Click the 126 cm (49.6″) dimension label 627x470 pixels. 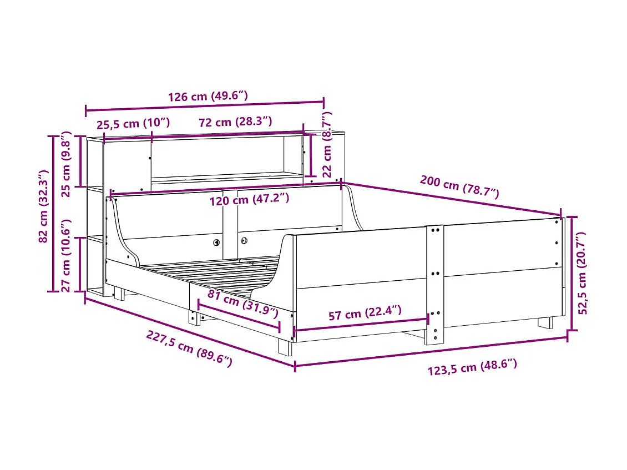click(208, 97)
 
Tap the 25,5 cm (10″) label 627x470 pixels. click(133, 123)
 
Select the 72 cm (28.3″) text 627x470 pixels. click(235, 122)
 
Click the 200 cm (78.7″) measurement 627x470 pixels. click(459, 186)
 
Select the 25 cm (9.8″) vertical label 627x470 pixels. click(66, 164)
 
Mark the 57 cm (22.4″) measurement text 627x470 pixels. click(365, 315)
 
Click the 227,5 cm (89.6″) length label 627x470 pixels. click(189, 348)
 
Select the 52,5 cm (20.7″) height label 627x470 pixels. click(582, 274)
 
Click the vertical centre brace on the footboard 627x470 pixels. click(434, 283)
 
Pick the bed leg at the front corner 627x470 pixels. click(285, 347)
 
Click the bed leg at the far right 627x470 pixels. click(545, 322)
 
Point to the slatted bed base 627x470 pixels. click(222, 272)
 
